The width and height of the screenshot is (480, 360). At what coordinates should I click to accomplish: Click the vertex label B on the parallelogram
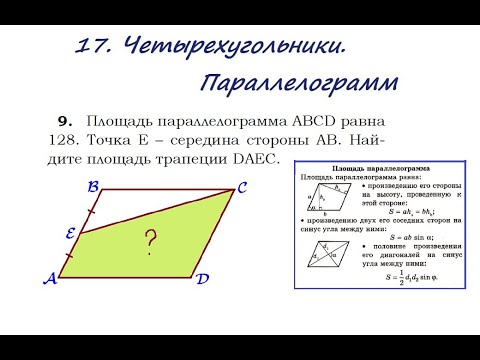pos(92,186)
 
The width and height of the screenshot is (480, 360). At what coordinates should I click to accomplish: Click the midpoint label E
pos(72,233)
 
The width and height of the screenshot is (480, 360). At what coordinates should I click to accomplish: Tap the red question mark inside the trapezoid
pos(152,240)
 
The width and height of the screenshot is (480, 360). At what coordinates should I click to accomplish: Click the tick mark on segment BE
pos(91,211)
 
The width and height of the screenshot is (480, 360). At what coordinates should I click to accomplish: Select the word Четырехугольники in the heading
pos(235,45)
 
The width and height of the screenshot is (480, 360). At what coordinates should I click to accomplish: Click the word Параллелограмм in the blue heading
pos(297,81)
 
